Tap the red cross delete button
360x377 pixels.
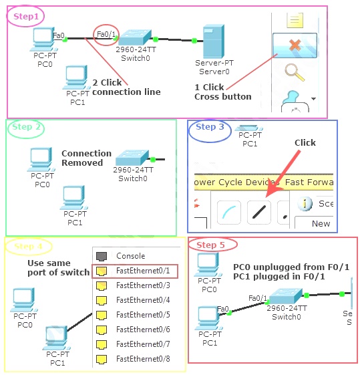click(x=295, y=47)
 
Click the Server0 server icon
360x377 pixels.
click(x=212, y=41)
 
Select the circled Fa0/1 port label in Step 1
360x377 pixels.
click(x=106, y=35)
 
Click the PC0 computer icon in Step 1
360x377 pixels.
click(x=42, y=39)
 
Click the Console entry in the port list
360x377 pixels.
click(x=130, y=256)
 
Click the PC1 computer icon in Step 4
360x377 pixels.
click(x=57, y=336)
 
